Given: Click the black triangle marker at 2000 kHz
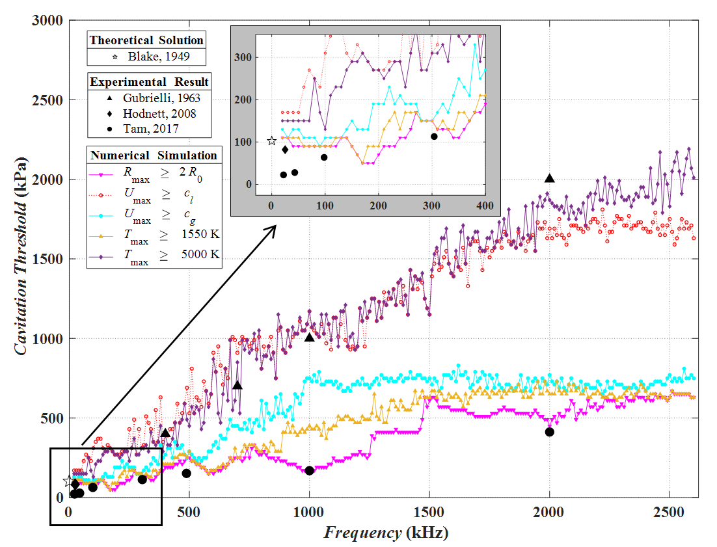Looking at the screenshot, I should [550, 178].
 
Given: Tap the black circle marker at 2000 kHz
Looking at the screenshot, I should [550, 432].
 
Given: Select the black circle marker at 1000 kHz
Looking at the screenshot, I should [310, 470].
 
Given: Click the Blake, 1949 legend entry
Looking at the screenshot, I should [146, 57].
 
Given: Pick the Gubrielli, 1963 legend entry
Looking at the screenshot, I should [150, 98].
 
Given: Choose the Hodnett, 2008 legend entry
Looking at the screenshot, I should [150, 113].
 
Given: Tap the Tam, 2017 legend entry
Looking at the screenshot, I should [150, 128].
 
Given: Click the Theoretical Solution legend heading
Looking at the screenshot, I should [146, 40].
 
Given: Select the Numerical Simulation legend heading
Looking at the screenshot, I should [154, 155].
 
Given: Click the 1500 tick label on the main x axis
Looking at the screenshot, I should [429, 512].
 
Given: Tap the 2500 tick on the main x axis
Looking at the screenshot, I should [670, 512].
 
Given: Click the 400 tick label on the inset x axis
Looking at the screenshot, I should [485, 206].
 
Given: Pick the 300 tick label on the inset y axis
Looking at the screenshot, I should [246, 57].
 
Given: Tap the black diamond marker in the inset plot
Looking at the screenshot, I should [285, 150].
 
